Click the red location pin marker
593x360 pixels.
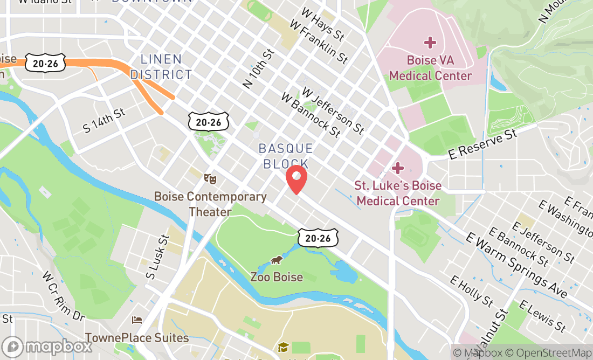pos(296,179)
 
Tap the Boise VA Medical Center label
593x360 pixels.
pos(430,68)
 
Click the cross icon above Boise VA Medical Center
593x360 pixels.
pos(430,42)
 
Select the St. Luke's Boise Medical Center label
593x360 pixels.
pos(398,193)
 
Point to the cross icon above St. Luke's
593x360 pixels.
pos(398,168)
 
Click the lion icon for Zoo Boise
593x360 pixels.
pos(277,261)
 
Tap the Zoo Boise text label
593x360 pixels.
pos(277,278)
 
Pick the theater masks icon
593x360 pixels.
pos(210,178)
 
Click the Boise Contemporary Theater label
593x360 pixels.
pos(210,204)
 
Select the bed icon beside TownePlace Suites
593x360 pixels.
pos(137,320)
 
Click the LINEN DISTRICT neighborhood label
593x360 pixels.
pos(161,67)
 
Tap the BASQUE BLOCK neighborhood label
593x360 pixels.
pos(286,156)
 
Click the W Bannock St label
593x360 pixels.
pos(311,115)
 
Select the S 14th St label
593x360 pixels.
pos(104,120)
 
